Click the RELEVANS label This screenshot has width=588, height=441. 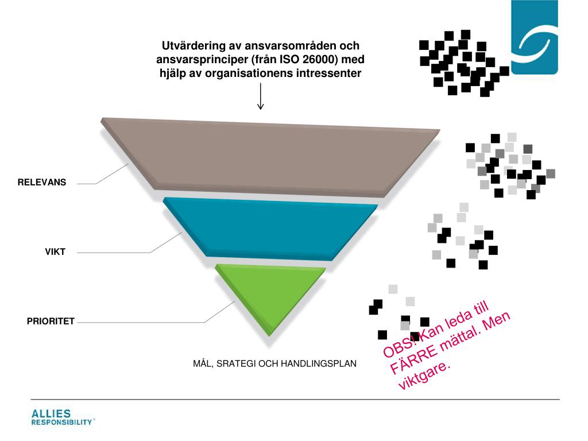click(x=42, y=183)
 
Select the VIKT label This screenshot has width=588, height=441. click(x=56, y=252)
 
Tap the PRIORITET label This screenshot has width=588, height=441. click(x=51, y=322)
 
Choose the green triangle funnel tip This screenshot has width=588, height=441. click(x=270, y=293)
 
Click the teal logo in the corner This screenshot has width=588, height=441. click(x=534, y=37)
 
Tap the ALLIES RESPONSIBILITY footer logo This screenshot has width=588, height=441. click(x=62, y=418)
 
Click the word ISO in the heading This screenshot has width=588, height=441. click(x=290, y=59)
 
